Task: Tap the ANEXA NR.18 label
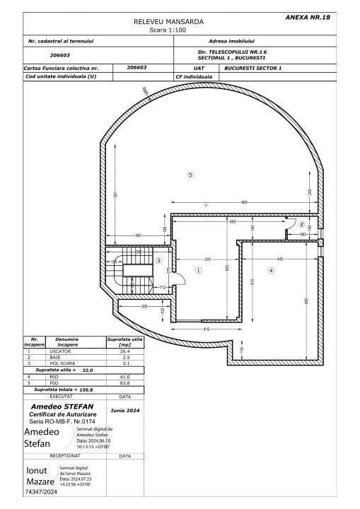307,16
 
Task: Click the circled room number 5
190,175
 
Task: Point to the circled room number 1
199,269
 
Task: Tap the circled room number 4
270,270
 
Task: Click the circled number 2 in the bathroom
301,224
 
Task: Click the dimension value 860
244,203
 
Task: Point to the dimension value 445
280,258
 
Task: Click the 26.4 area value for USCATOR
124,351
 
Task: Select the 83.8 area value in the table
124,382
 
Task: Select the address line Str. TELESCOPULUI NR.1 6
232,52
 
